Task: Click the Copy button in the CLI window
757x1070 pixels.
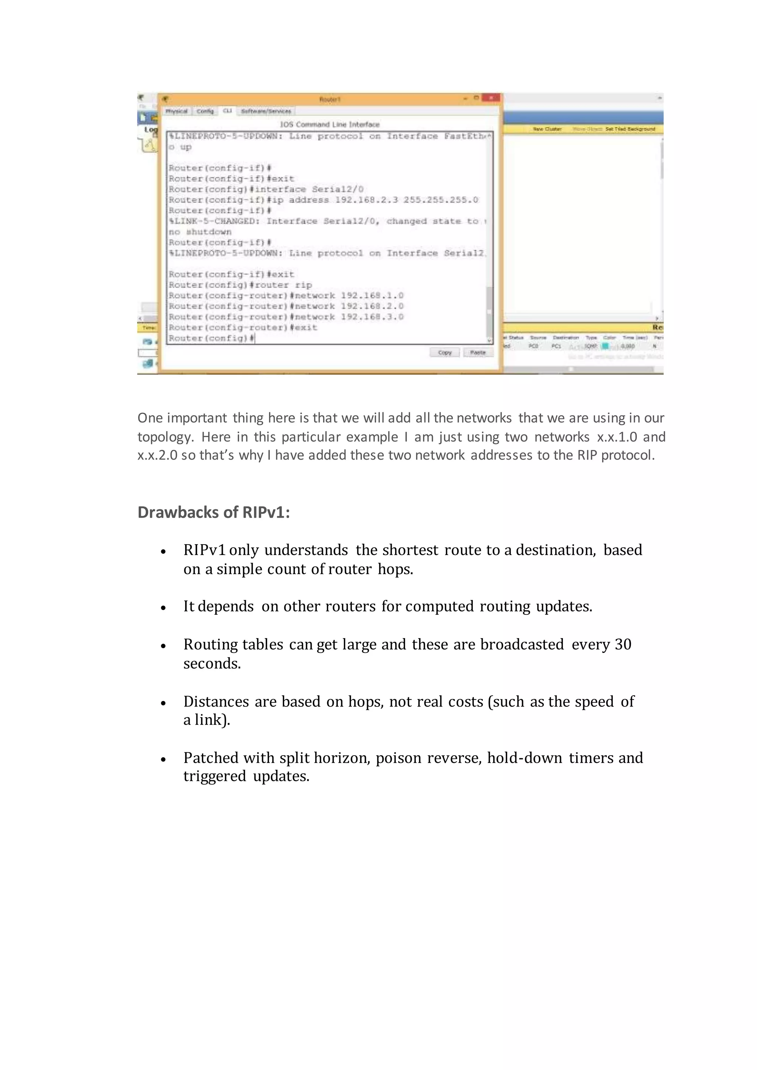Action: (445, 353)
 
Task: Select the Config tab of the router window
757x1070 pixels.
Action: (205, 111)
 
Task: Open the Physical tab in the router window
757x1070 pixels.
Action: (177, 111)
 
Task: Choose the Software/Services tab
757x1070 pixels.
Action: (266, 111)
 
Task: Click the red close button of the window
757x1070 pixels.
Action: (490, 98)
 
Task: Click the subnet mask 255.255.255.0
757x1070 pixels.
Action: (441, 200)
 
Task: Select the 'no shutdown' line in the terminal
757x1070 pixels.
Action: (200, 232)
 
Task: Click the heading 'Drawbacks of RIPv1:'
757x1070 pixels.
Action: (214, 512)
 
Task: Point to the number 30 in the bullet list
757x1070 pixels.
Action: (623, 644)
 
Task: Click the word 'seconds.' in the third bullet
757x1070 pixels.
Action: (212, 663)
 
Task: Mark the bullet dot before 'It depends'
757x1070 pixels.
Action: (163, 608)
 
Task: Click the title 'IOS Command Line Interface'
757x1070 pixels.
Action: (330, 125)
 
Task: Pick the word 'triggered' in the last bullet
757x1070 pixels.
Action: (214, 776)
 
